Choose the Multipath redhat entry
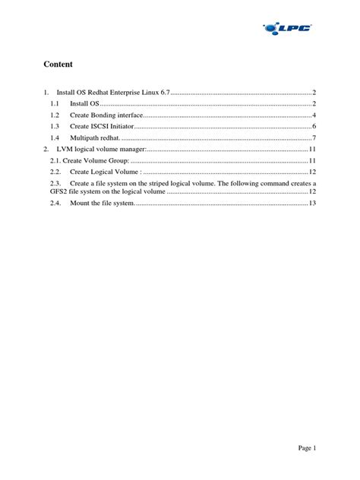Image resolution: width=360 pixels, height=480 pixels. [95, 137]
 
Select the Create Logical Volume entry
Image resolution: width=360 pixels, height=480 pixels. [107, 172]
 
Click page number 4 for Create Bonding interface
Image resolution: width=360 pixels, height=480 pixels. [314, 115]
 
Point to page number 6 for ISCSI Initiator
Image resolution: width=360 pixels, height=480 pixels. [314, 126]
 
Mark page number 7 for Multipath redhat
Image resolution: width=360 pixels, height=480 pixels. [314, 137]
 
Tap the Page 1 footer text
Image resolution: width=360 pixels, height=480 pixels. [305, 448]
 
